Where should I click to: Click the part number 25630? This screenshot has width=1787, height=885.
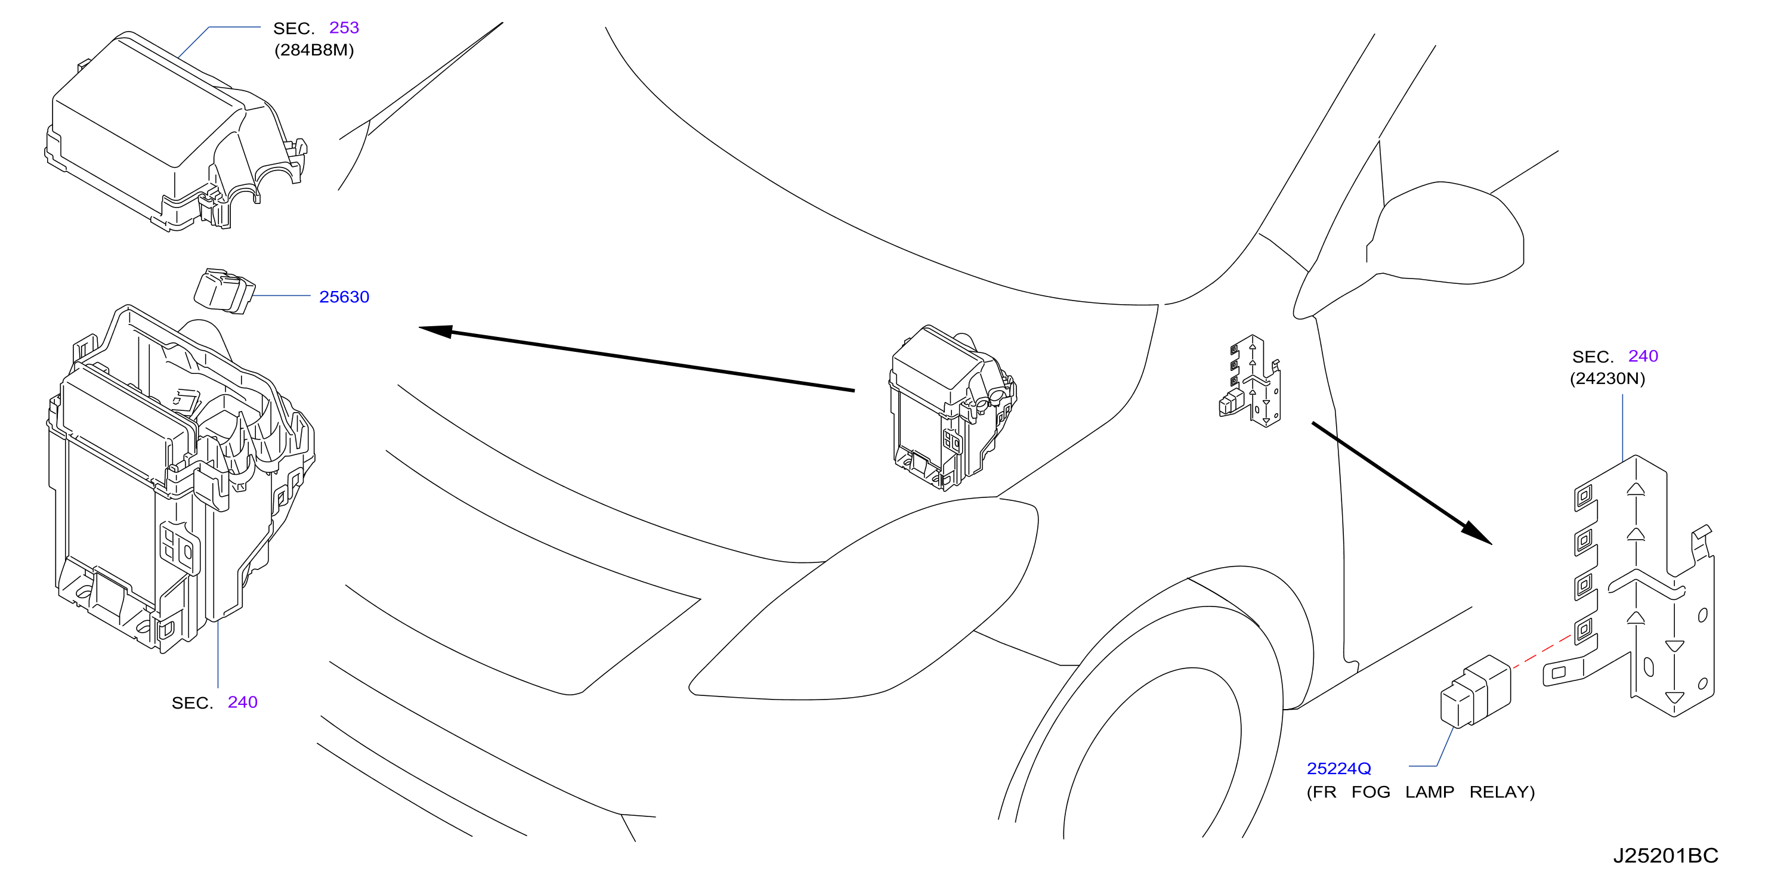click(344, 297)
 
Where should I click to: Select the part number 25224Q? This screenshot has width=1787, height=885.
click(1339, 769)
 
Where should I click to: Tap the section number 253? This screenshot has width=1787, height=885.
click(344, 28)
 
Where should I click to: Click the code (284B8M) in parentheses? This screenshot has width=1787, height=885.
click(314, 50)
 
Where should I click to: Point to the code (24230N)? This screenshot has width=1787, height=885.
click(1607, 379)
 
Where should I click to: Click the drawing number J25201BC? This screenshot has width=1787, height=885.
click(1665, 855)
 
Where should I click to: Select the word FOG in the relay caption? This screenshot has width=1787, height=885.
click(1371, 792)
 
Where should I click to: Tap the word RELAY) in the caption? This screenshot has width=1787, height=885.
click(1502, 792)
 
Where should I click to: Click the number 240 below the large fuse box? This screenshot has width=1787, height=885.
click(243, 702)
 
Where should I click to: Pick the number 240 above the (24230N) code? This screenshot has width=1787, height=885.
click(1643, 356)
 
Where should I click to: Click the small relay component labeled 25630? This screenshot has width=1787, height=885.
click(223, 291)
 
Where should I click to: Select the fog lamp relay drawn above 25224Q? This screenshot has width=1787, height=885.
click(1476, 692)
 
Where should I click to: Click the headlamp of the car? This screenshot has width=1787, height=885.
click(864, 601)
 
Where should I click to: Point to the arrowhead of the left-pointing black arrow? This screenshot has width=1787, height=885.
click(435, 331)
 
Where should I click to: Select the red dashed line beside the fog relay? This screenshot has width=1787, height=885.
click(1541, 651)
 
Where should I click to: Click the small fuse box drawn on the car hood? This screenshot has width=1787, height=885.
click(953, 408)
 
